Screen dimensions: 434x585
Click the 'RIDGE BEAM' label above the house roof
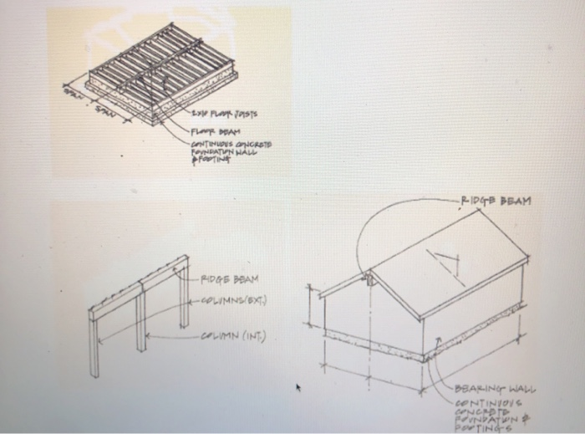click(496, 201)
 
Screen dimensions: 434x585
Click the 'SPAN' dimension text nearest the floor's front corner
click(103, 110)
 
